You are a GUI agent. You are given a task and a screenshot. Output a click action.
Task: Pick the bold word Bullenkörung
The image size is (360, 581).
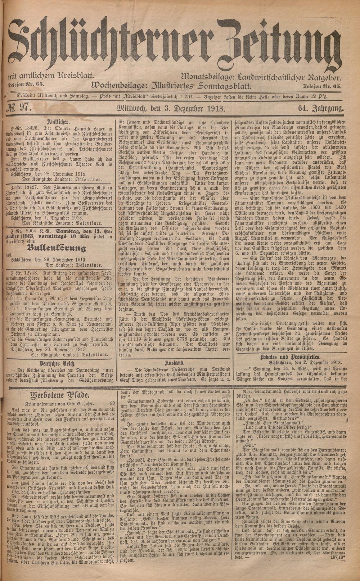[x=59, y=248]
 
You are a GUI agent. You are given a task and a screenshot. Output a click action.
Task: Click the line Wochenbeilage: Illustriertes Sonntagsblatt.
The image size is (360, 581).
[x=171, y=85]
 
